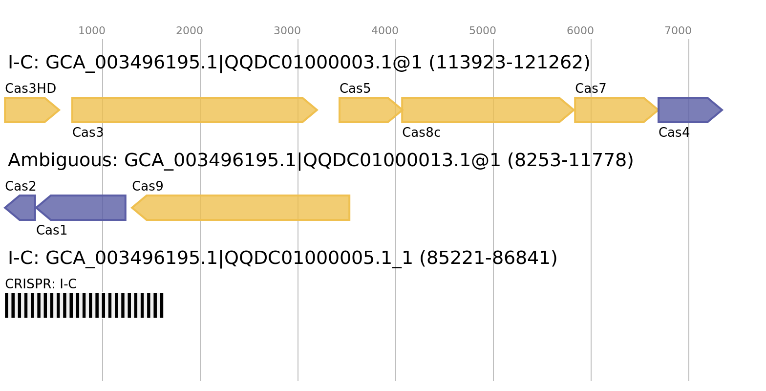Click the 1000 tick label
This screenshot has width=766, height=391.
pos(92,31)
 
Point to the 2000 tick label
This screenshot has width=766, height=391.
pos(190,31)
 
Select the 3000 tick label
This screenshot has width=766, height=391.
pos(287,31)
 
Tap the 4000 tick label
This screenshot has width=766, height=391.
pos(385,31)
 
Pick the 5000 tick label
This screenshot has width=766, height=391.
pos(483,31)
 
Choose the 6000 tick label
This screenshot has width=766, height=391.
pos(580,31)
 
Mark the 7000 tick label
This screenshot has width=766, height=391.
pos(678,31)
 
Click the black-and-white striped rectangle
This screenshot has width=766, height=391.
pos(84,305)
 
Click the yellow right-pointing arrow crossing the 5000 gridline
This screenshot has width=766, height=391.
pos(486,110)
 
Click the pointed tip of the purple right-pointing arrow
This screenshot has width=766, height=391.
pos(723,110)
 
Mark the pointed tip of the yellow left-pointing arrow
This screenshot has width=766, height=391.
pos(132,208)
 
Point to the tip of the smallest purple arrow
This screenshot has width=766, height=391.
pos(4,208)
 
